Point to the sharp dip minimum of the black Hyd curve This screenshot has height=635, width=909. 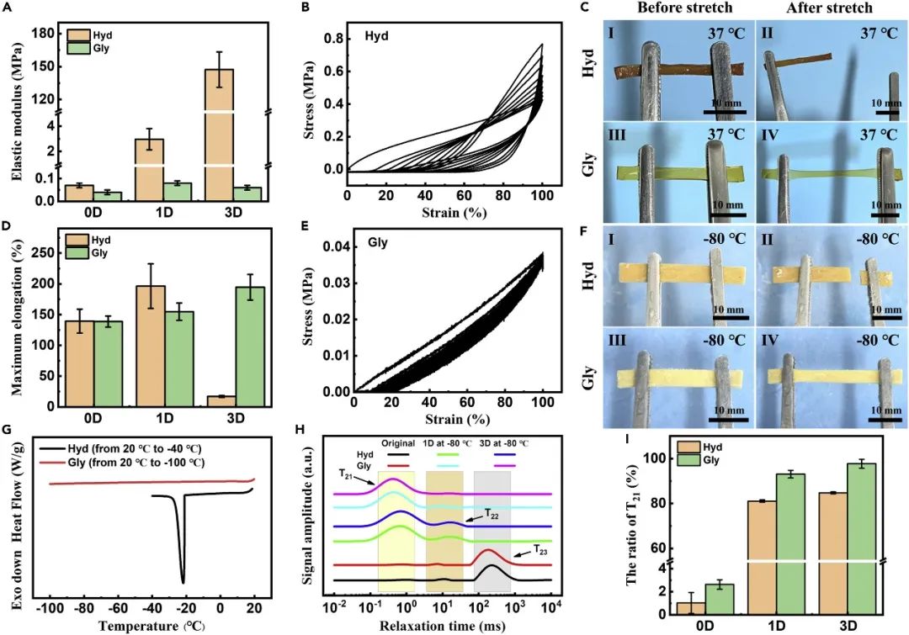point(183,581)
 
